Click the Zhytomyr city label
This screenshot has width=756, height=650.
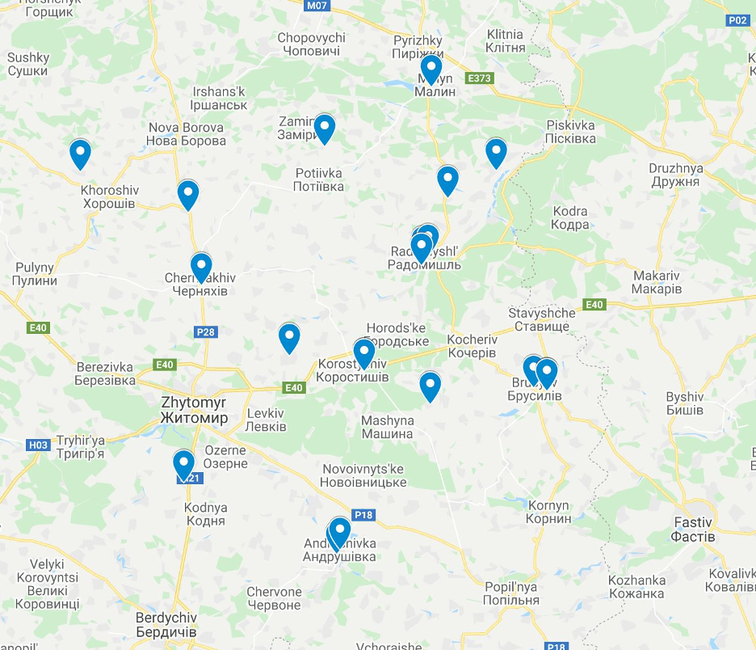(x=194, y=410)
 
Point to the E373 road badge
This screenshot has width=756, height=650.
(x=479, y=78)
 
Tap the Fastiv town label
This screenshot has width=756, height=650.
(x=693, y=530)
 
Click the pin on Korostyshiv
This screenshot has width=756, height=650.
(x=364, y=353)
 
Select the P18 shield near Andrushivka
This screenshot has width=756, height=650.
(x=364, y=515)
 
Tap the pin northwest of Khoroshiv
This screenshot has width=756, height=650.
(x=80, y=154)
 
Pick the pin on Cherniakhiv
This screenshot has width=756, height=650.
(x=201, y=267)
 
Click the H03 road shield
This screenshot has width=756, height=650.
(x=38, y=445)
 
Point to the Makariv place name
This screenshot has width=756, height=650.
(x=657, y=282)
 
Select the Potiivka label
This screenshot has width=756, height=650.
(x=319, y=179)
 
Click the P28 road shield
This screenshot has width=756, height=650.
(x=207, y=331)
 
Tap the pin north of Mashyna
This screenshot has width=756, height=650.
(x=430, y=386)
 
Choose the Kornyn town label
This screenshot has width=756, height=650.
(x=548, y=512)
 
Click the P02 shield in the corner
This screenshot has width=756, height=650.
(x=737, y=21)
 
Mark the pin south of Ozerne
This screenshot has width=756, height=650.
(x=184, y=465)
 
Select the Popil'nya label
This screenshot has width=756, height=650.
(x=510, y=593)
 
